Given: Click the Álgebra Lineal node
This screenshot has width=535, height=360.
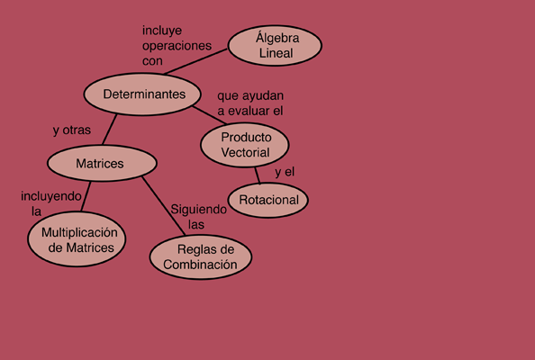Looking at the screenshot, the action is (275, 45).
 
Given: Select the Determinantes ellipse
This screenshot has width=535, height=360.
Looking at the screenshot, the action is (142, 94).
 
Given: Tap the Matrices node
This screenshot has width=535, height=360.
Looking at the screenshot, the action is (102, 163).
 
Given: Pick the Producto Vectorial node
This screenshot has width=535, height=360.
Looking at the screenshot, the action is (245, 145).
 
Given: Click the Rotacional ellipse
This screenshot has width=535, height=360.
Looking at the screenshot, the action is (268, 200).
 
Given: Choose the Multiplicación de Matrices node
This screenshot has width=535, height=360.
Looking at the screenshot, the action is (77, 239).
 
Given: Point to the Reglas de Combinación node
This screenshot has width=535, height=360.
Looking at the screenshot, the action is (201, 257).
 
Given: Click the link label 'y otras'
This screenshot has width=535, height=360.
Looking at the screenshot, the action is (72, 130).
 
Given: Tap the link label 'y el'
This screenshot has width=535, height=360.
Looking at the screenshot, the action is (285, 172).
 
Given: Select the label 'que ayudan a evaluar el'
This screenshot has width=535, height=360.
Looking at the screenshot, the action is (250, 103).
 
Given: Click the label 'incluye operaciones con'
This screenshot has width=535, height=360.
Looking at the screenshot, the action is (177, 46).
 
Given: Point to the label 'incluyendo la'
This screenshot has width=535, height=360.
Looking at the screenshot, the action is (51, 204).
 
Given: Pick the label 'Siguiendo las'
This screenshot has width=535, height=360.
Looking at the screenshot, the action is (198, 217).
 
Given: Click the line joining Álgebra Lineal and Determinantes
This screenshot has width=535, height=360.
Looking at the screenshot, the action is (195, 62).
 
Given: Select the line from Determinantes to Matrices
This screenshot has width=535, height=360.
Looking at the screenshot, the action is (110, 130).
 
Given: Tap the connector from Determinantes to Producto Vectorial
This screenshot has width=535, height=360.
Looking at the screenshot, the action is (210, 115).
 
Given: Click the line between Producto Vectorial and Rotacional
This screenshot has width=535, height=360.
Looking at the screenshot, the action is (258, 175).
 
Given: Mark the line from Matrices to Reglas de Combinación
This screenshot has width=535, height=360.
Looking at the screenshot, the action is (164, 206).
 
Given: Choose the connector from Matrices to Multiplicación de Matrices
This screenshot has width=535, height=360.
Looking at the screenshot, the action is (86, 197).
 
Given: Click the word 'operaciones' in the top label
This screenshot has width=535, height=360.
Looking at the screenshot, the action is (177, 46).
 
